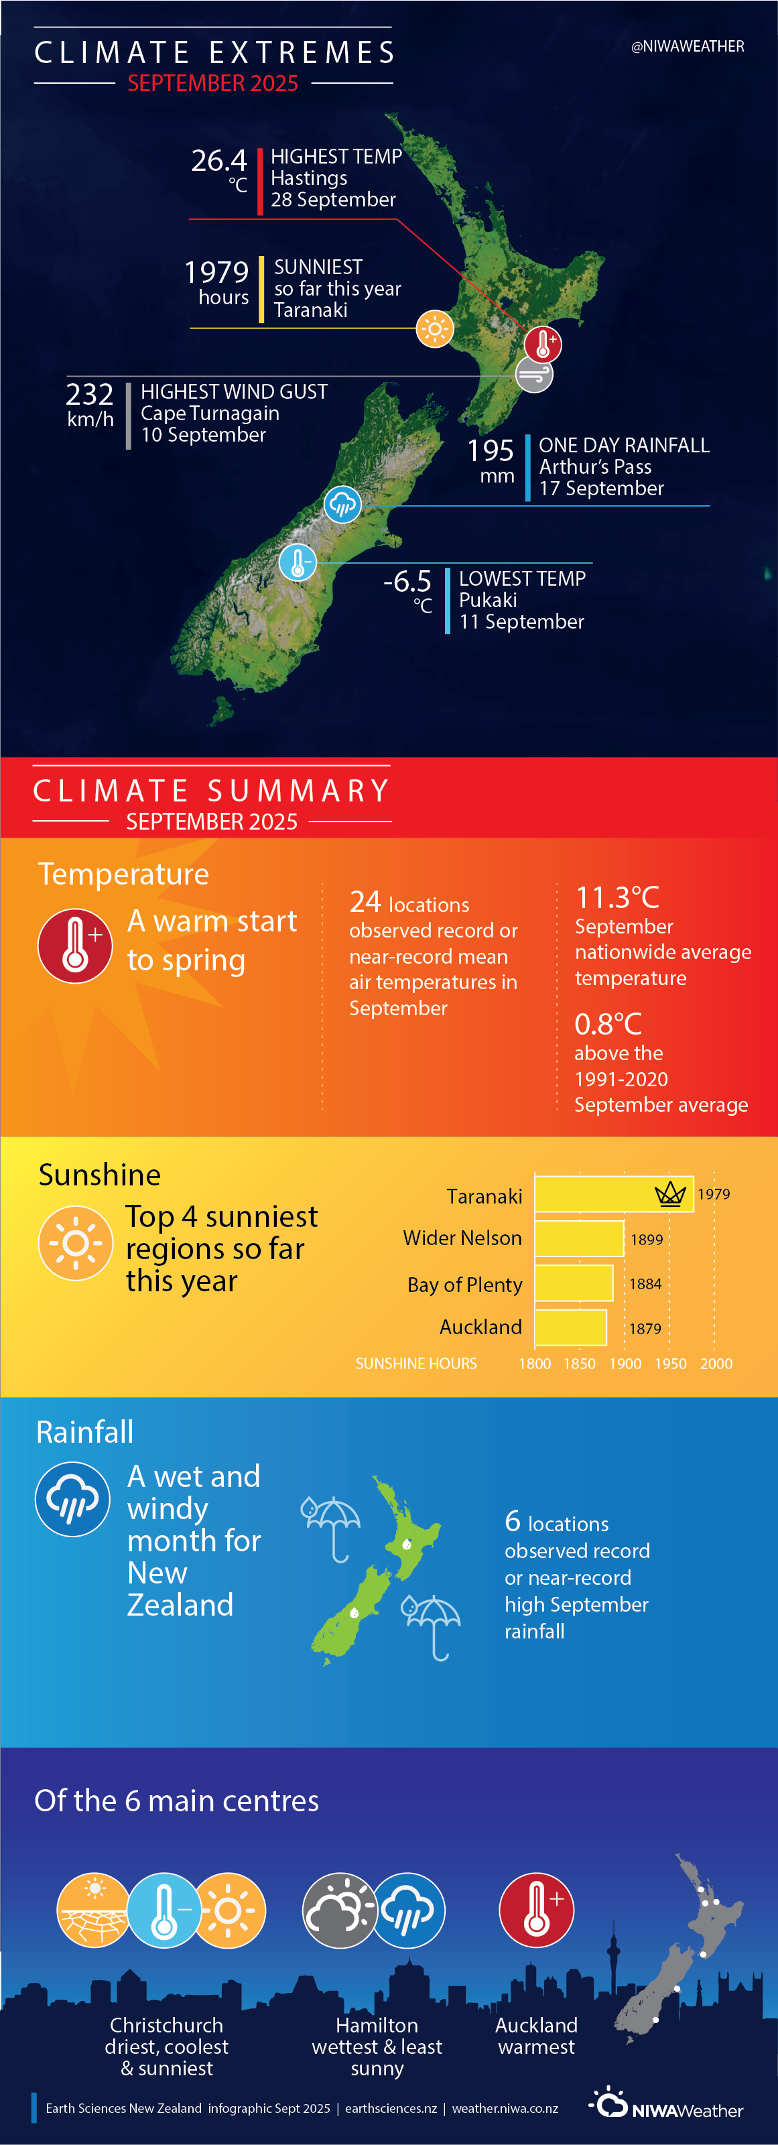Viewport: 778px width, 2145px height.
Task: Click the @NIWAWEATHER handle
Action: [688, 47]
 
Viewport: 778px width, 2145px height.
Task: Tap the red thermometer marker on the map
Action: [543, 343]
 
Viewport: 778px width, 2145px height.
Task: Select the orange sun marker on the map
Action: [435, 329]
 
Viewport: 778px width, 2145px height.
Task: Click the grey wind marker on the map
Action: [534, 375]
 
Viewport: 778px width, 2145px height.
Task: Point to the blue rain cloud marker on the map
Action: [342, 504]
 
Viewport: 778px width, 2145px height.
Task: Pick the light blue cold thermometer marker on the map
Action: [298, 562]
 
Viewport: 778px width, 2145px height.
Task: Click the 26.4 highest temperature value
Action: [219, 160]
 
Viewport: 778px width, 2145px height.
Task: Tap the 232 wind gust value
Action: [90, 394]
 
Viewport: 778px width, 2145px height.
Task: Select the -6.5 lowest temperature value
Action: [407, 580]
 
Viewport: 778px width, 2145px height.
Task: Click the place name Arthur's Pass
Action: [596, 467]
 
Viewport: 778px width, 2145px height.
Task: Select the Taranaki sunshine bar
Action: [613, 1194]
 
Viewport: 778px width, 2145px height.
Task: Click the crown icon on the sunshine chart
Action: [671, 1194]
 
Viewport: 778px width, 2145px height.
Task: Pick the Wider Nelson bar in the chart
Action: [579, 1238]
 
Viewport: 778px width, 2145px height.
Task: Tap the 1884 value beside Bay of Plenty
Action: [645, 1284]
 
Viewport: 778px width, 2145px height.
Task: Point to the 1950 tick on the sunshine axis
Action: [671, 1363]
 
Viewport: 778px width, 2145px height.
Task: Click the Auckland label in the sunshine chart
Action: [480, 1327]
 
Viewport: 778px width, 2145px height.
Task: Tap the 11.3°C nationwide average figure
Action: [617, 898]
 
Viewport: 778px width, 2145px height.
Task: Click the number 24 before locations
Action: [365, 902]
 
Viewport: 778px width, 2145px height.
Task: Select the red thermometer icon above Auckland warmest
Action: [537, 1910]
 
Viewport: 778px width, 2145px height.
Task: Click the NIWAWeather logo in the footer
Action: [666, 2103]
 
